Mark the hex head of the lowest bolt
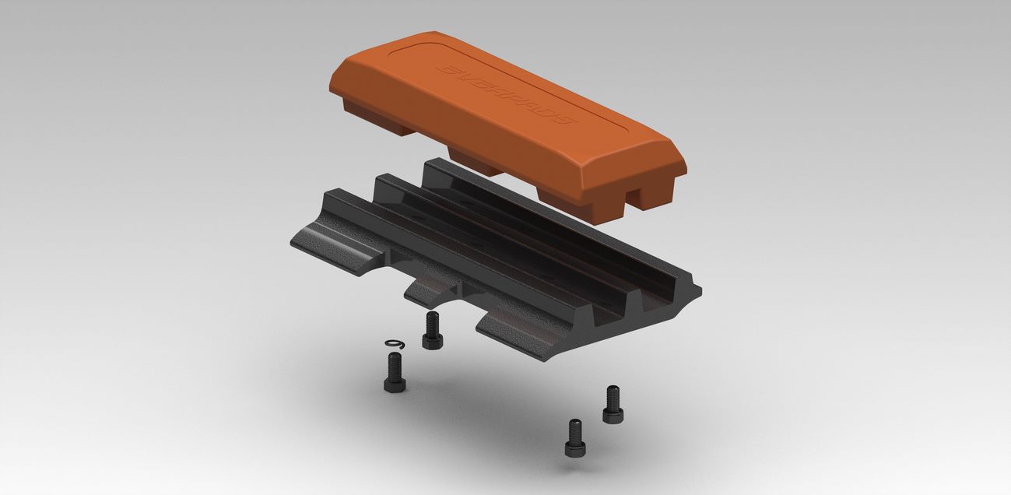click(x=575, y=447)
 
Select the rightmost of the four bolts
click(x=613, y=404)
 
